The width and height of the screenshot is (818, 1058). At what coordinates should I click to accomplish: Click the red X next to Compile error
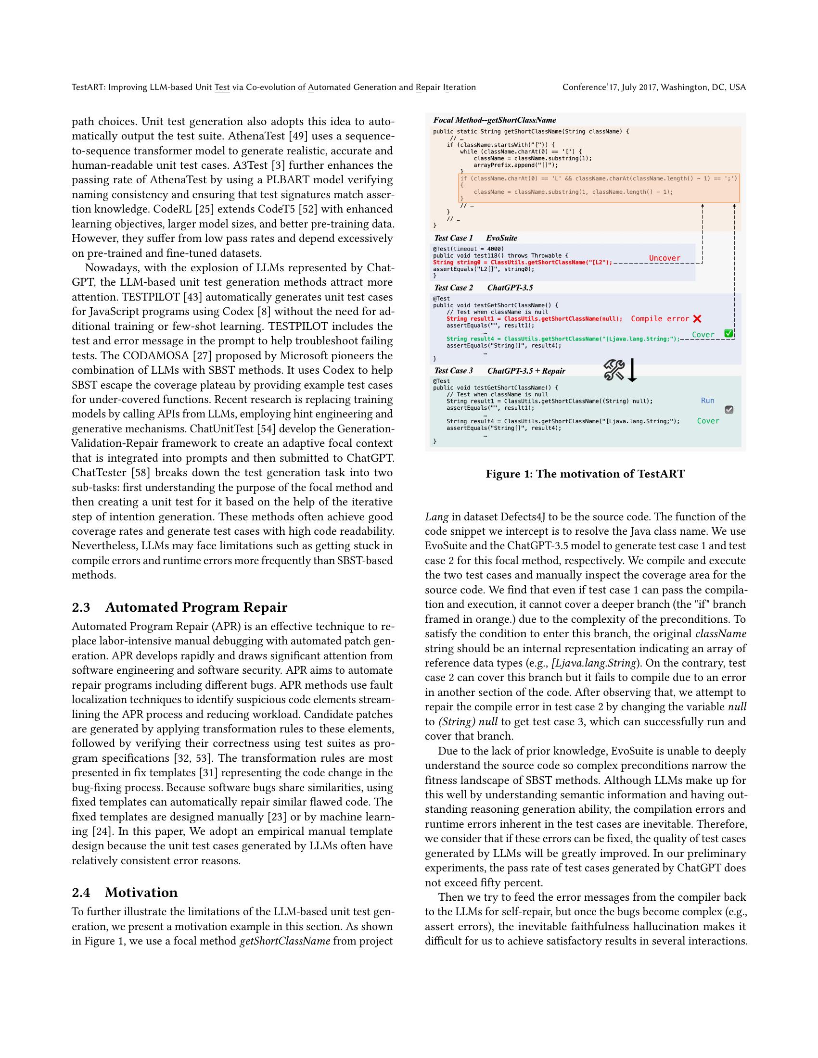coord(697,319)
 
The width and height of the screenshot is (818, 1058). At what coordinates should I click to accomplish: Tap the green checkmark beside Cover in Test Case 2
coord(728,333)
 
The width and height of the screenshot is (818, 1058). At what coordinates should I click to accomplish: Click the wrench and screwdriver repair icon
coord(614,371)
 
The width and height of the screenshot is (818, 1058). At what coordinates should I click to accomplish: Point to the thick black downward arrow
coord(632,371)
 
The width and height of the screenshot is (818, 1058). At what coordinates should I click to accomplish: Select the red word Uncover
coord(665,258)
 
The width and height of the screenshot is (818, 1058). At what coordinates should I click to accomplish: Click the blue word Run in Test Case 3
coord(707,401)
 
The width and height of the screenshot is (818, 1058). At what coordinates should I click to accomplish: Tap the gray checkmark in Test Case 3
coord(729,410)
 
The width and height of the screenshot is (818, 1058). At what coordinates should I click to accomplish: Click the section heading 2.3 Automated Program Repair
coord(179,607)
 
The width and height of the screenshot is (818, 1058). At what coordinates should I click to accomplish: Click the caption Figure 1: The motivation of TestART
coord(585,474)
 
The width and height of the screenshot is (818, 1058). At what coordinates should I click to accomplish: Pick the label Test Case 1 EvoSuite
coord(475,238)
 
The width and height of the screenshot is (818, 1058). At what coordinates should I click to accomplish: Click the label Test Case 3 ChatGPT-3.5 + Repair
coord(499,371)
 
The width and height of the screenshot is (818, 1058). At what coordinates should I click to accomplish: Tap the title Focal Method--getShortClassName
coord(494,120)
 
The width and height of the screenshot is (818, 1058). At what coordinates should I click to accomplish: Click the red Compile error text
coord(660,319)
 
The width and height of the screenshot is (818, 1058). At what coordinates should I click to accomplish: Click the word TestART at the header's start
coord(88,87)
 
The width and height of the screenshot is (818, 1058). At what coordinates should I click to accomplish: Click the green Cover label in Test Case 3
coord(707,421)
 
